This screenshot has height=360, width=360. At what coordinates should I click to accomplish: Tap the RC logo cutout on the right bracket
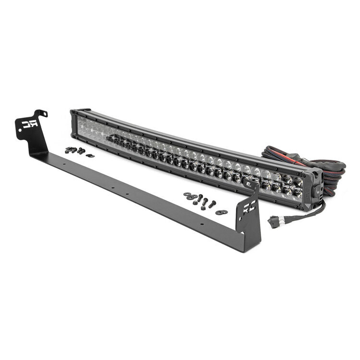249,207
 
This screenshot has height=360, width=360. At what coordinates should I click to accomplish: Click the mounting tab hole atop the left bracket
44,114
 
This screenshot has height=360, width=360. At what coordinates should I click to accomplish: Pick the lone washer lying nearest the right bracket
221,212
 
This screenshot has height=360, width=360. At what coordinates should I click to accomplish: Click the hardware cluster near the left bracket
77,151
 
